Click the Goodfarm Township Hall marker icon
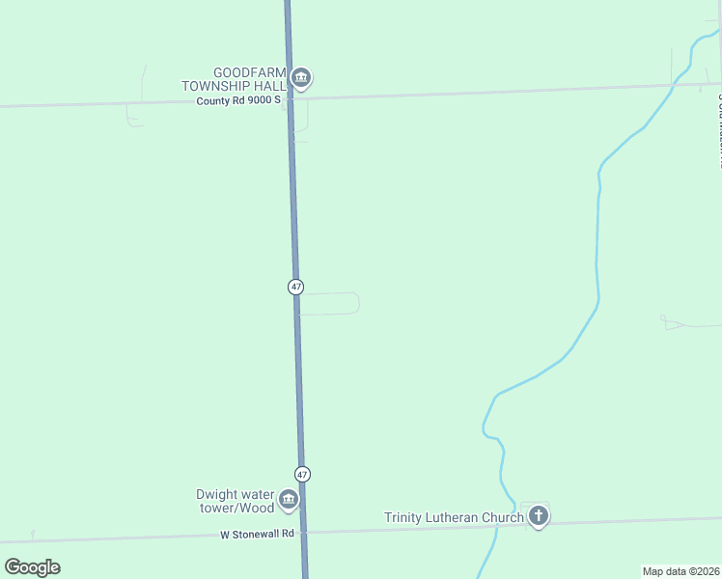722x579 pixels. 301,78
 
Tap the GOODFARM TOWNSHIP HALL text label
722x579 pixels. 237,79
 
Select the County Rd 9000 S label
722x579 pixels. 237,99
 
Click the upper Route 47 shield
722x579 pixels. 295,287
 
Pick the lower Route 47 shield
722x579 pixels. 303,475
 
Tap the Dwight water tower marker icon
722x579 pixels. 288,499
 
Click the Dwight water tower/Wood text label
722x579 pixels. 236,501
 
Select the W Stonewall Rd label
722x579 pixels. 256,534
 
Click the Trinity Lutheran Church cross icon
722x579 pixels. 539,516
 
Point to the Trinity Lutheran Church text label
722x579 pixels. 454,517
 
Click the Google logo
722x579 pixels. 33,566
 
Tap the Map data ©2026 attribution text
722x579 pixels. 680,571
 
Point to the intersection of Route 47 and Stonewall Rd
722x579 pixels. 304,532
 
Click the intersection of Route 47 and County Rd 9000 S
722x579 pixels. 290,97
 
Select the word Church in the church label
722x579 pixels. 503,517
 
